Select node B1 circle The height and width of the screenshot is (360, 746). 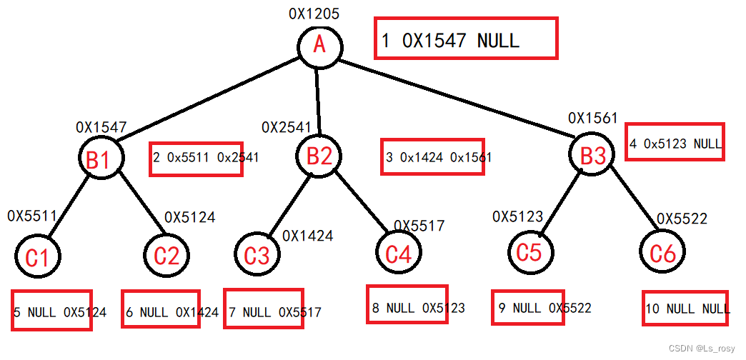[99, 159]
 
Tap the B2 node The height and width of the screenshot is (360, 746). [319, 156]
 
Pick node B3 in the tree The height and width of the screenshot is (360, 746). [593, 155]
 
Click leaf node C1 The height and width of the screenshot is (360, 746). [37, 256]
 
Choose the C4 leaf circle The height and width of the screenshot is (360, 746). [399, 253]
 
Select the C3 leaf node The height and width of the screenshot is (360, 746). [257, 254]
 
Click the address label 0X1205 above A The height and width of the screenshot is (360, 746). [314, 14]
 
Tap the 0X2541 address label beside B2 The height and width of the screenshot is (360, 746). [286, 128]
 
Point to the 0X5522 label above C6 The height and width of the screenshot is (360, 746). [682, 219]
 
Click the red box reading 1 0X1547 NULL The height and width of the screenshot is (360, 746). [465, 39]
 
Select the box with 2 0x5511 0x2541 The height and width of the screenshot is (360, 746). [197, 158]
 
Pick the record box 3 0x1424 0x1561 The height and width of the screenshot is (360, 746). [432, 156]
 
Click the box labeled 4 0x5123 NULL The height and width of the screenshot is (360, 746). [675, 142]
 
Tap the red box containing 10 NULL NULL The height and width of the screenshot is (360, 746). [685, 309]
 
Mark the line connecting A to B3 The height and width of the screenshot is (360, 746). [457, 99]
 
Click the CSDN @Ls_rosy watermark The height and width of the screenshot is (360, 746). [705, 347]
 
